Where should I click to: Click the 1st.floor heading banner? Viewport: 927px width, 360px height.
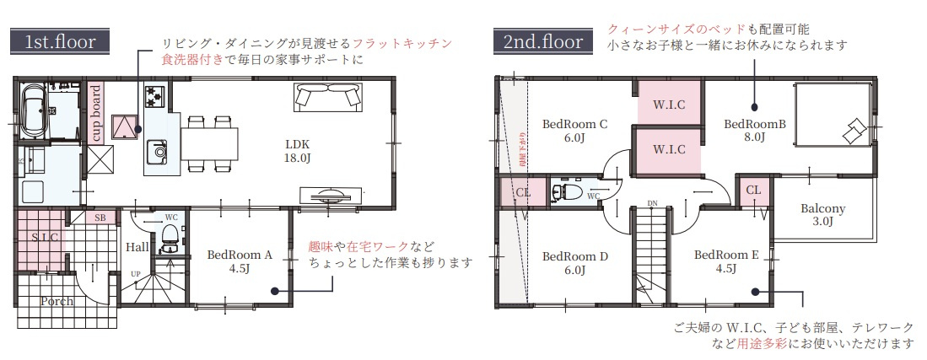(x=59, y=40)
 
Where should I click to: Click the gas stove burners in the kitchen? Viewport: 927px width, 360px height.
(x=155, y=96)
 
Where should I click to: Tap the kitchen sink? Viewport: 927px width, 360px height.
(x=158, y=152)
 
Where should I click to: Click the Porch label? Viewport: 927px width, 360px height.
(x=57, y=301)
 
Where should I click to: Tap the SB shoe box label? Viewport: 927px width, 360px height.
(x=100, y=218)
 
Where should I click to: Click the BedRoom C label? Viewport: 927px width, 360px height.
(x=574, y=131)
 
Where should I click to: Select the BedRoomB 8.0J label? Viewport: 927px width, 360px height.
(x=755, y=131)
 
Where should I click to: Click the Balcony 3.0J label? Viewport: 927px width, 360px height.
(x=822, y=216)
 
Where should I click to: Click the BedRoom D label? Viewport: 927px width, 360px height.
(x=574, y=263)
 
